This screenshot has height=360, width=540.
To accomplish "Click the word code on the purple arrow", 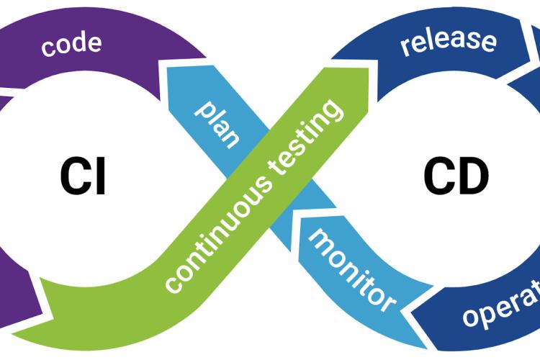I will [71, 45].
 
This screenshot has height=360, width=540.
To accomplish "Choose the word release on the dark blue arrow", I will [448, 41].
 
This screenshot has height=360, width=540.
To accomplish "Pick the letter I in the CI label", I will [100, 176].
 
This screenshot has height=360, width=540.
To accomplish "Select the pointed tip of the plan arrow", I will [168, 68].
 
